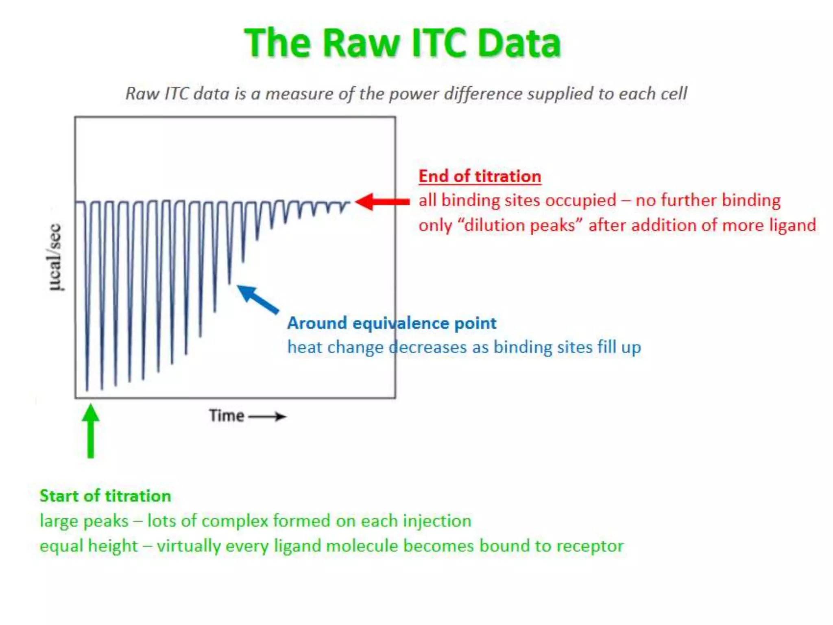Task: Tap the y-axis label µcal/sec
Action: pos(55,257)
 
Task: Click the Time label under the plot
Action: pos(227,416)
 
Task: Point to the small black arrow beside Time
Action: pos(268,416)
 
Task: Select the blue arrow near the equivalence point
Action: pos(257,299)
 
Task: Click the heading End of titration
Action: pos(480,176)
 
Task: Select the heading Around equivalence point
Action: pos(391,323)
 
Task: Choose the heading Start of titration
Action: pos(105,496)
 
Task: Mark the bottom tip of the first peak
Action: pos(87,389)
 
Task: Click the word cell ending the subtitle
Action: pos(674,94)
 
